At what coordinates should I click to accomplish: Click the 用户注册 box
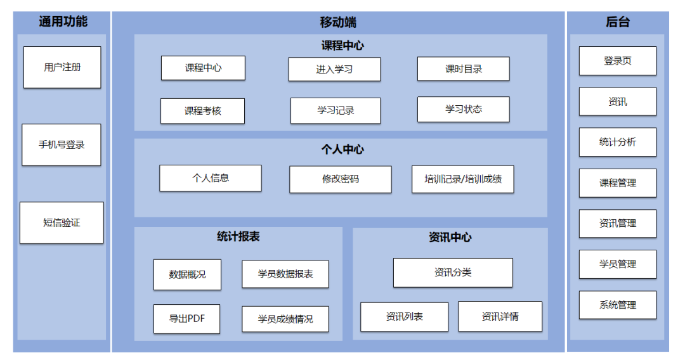(62, 67)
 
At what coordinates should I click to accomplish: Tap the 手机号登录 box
(62, 145)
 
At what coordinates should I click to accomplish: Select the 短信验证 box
(62, 223)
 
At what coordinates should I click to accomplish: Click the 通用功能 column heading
(63, 22)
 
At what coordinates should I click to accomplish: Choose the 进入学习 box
(334, 70)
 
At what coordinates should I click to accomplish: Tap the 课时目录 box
(463, 69)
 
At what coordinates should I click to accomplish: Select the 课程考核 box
(203, 111)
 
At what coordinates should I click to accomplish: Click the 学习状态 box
(463, 110)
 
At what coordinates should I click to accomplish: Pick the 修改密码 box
(341, 179)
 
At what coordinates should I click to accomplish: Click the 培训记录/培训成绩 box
(463, 179)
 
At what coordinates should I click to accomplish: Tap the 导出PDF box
(186, 319)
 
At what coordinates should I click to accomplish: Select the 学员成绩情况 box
(285, 319)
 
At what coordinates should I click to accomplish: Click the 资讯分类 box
(453, 273)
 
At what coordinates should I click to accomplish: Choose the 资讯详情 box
(500, 316)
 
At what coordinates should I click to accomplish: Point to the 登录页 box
(617, 61)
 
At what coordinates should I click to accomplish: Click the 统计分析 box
(617, 142)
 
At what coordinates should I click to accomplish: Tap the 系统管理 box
(617, 305)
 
